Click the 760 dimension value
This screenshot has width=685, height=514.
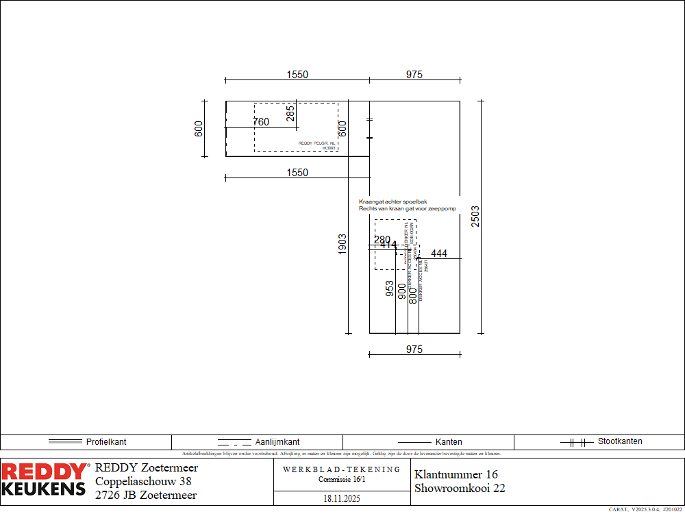tap(261, 122)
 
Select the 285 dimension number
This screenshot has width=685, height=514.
tap(290, 113)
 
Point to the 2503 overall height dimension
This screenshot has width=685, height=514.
tap(475, 217)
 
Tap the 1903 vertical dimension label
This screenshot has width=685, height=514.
tap(342, 245)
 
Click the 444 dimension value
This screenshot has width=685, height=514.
tap(439, 254)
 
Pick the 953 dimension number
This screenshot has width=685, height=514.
tap(390, 289)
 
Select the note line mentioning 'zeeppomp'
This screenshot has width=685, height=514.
tap(408, 208)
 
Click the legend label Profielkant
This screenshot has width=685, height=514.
tap(106, 442)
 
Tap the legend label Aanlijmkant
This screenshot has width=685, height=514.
tap(277, 442)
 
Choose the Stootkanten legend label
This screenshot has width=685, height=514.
tap(620, 441)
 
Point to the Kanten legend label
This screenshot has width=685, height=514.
tap(449, 442)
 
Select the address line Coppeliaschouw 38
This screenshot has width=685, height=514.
tap(143, 482)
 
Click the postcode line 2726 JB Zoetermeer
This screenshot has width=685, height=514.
tap(146, 495)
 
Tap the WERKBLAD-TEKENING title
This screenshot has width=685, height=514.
tap(342, 469)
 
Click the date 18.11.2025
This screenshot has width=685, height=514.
tap(342, 498)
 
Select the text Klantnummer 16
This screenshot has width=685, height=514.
tap(456, 474)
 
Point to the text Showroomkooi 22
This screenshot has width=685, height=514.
tap(460, 489)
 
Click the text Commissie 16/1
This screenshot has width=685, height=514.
tap(342, 479)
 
